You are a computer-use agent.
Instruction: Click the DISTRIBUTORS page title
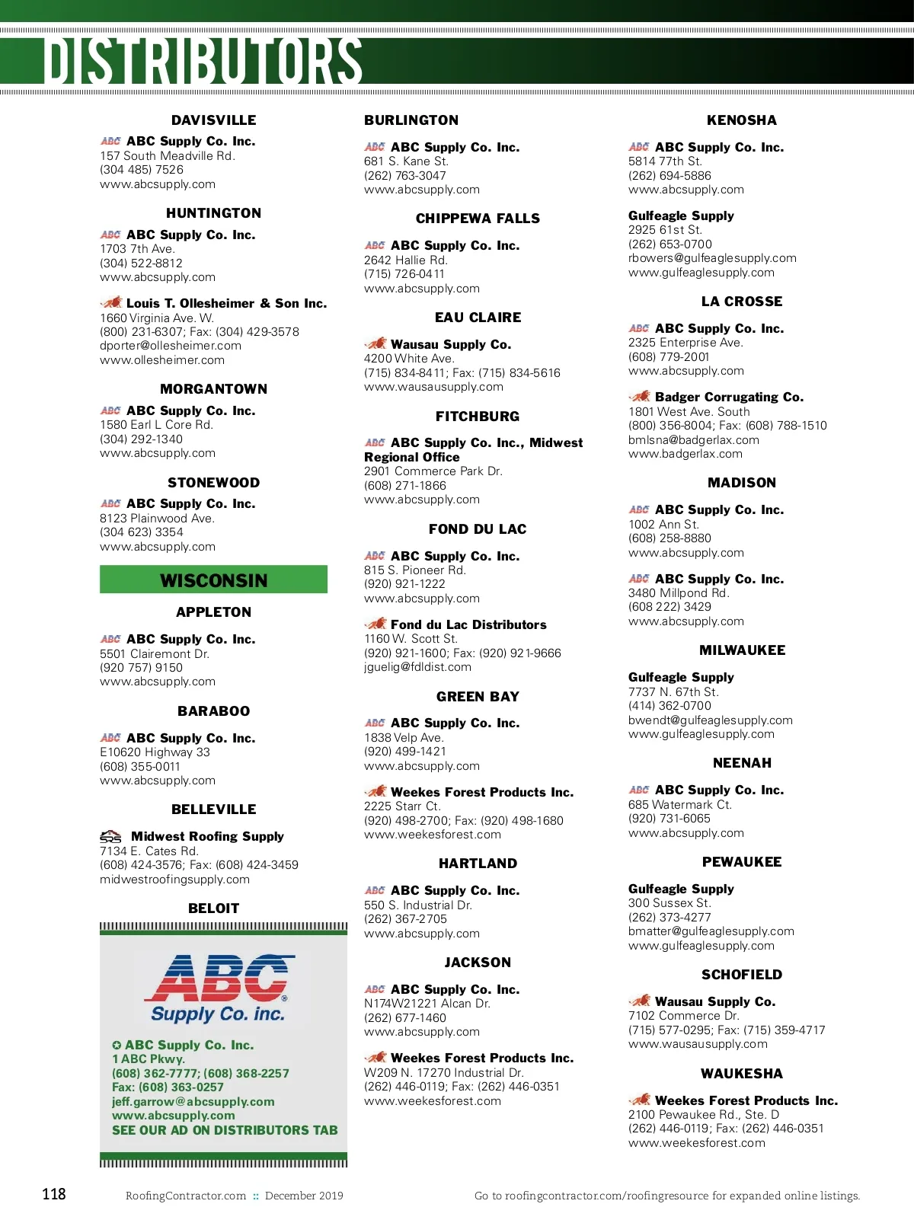(203, 61)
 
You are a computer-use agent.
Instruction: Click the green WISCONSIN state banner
(213, 580)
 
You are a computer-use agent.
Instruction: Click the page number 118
(54, 1194)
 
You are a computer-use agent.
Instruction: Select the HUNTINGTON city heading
(213, 213)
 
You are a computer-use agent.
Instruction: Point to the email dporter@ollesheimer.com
(171, 346)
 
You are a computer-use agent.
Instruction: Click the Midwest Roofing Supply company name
(207, 836)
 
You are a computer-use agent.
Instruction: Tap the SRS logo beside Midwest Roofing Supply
(111, 836)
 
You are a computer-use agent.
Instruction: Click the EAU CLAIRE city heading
(478, 318)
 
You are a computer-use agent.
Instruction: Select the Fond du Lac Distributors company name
(468, 624)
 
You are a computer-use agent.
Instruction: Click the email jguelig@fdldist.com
(417, 667)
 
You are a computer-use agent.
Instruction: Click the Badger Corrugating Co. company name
(729, 397)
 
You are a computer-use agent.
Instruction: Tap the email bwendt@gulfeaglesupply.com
(710, 720)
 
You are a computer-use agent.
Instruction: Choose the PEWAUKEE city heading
(741, 862)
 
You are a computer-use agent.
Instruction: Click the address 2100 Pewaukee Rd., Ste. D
(704, 1115)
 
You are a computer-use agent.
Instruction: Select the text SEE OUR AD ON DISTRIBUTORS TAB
(225, 1130)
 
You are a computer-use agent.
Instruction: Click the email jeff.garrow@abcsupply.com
(193, 1101)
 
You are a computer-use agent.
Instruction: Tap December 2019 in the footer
(304, 1196)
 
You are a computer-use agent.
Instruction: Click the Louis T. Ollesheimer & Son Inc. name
(226, 303)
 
